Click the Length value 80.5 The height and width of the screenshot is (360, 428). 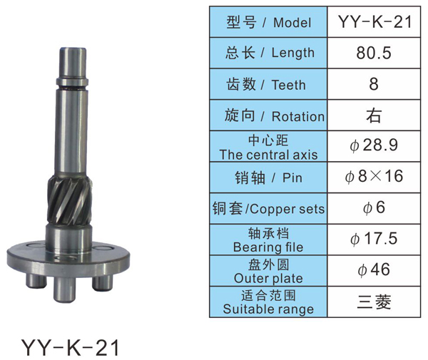374,53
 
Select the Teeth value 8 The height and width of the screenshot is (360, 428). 374,84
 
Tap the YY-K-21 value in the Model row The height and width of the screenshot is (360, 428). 374,22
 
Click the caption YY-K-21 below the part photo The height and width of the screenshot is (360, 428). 70,347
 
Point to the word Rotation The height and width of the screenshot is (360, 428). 298,117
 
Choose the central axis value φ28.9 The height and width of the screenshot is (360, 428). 374,145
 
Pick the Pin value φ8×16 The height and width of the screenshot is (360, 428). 374,176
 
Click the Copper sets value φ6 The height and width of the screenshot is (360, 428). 374,207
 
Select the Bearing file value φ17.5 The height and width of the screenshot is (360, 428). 374,239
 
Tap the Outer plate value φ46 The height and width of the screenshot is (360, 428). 374,269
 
